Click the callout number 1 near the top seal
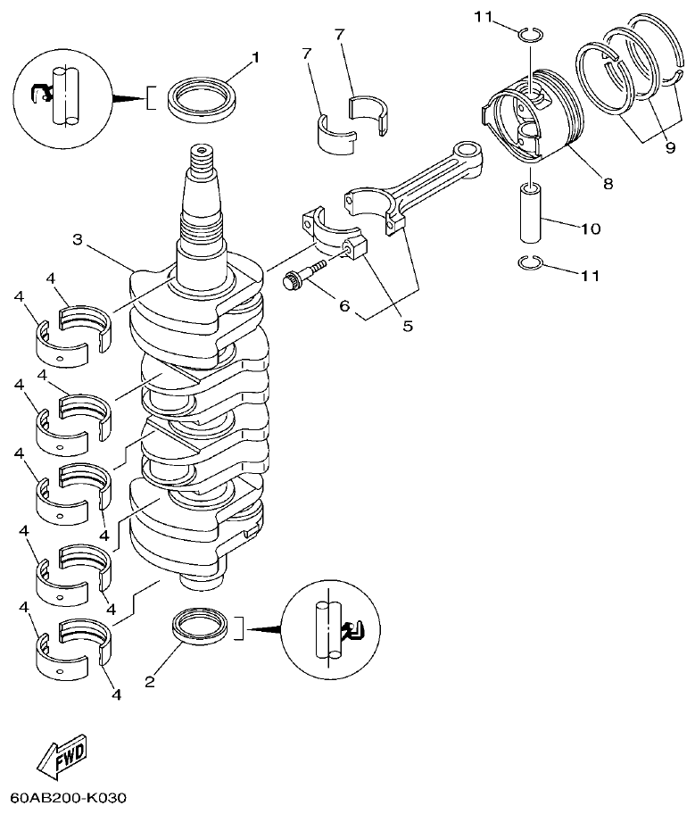pyautogui.click(x=255, y=57)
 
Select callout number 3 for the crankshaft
pyautogui.click(x=78, y=240)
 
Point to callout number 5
pyautogui.click(x=407, y=326)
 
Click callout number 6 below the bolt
pyautogui.click(x=343, y=304)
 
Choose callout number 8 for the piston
pyautogui.click(x=608, y=184)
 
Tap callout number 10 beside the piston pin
pyautogui.click(x=591, y=228)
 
